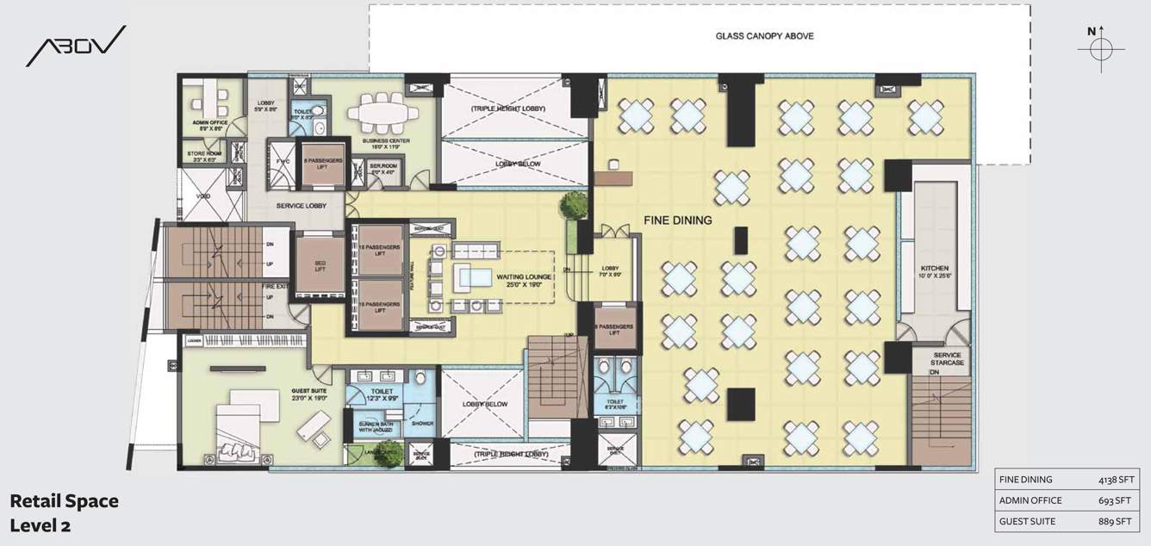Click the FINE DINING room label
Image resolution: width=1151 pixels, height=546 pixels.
point(677,220)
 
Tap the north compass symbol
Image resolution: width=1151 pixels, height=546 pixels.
point(1100,47)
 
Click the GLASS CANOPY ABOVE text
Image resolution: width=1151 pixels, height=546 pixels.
point(764,36)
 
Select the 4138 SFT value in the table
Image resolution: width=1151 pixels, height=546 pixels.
point(1113,480)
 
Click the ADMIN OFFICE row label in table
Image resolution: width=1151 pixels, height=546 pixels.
point(1030,500)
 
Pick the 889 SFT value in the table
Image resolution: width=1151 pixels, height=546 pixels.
point(1116,521)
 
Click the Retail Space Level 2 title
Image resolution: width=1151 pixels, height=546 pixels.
point(64,512)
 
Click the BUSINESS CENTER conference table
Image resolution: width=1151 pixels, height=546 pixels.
point(383,113)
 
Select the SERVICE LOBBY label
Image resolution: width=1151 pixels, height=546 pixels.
point(298,207)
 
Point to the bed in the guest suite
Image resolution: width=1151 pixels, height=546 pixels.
point(241,429)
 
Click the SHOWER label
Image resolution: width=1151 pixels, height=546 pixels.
point(422,423)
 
